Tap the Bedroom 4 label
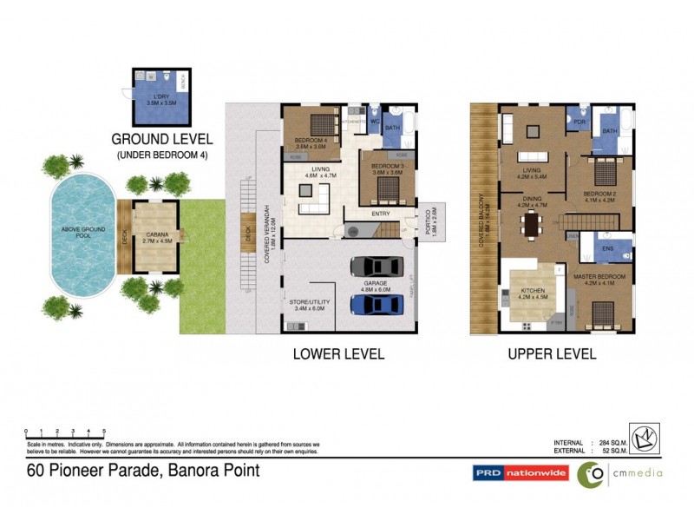coord(311,143)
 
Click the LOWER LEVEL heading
coord(338,353)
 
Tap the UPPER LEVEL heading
coord(553,353)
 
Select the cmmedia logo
coord(621,473)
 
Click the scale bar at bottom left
coord(65,431)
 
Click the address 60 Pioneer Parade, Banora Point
coord(141,472)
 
